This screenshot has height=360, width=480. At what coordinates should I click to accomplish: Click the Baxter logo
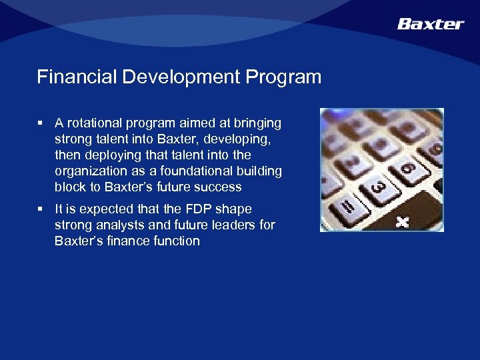point(430,24)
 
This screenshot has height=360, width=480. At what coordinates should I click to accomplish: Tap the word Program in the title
point(283,77)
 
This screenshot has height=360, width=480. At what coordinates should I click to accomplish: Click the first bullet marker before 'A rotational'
point(41,123)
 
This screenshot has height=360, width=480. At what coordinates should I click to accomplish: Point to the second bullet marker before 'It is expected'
point(41,209)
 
